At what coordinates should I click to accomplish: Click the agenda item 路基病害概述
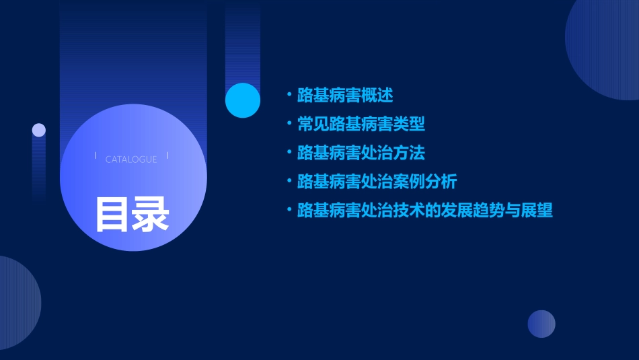345,96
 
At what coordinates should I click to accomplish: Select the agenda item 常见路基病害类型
361,124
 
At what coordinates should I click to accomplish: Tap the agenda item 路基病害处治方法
361,153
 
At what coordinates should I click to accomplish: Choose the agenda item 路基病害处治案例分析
377,182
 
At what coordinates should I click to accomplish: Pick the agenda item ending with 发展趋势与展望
424,211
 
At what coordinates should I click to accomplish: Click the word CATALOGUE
131,159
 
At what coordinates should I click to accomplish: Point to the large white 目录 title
131,215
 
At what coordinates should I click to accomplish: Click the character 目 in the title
112,215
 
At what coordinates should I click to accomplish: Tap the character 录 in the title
150,215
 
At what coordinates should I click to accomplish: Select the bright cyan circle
243,100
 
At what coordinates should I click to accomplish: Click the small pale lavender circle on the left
39,130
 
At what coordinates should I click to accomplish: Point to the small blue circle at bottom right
541,324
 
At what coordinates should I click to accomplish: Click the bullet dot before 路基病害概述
289,95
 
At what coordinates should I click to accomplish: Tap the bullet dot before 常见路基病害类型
289,124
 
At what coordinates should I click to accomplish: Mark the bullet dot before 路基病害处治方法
289,152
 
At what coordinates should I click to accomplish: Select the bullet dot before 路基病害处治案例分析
289,181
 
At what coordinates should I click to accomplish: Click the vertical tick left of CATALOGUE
96,155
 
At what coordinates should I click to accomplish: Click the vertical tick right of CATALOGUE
167,155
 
